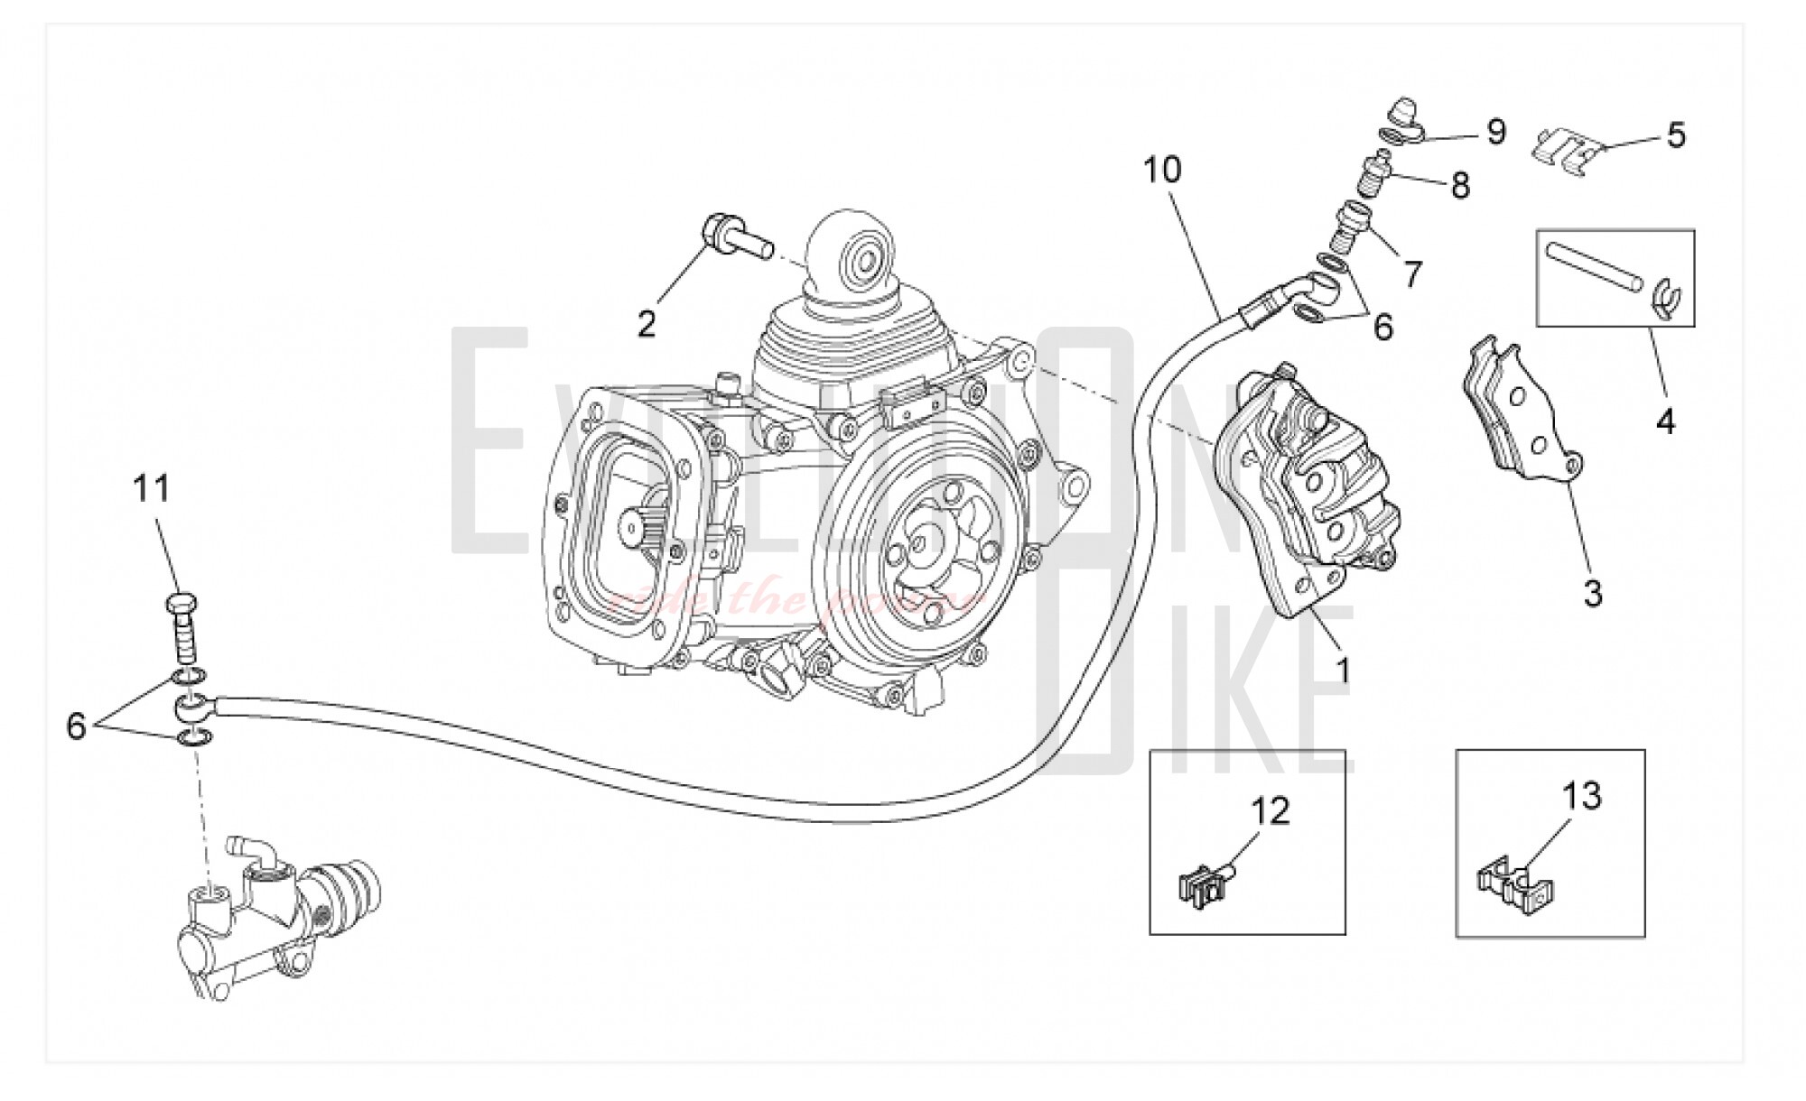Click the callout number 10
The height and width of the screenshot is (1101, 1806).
pyautogui.click(x=1162, y=170)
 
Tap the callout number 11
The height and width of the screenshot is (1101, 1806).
pyautogui.click(x=152, y=489)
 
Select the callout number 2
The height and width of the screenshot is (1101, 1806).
pyautogui.click(x=647, y=324)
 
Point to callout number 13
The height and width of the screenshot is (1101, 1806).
pyautogui.click(x=1581, y=796)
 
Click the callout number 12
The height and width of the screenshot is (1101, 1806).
pyautogui.click(x=1271, y=810)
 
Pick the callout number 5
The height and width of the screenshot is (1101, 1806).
pyautogui.click(x=1676, y=135)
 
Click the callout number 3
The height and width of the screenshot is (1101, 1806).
pyautogui.click(x=1593, y=594)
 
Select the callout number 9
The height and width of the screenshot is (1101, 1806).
pyautogui.click(x=1496, y=133)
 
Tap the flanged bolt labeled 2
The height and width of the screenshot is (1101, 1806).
pyautogui.click(x=736, y=236)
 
